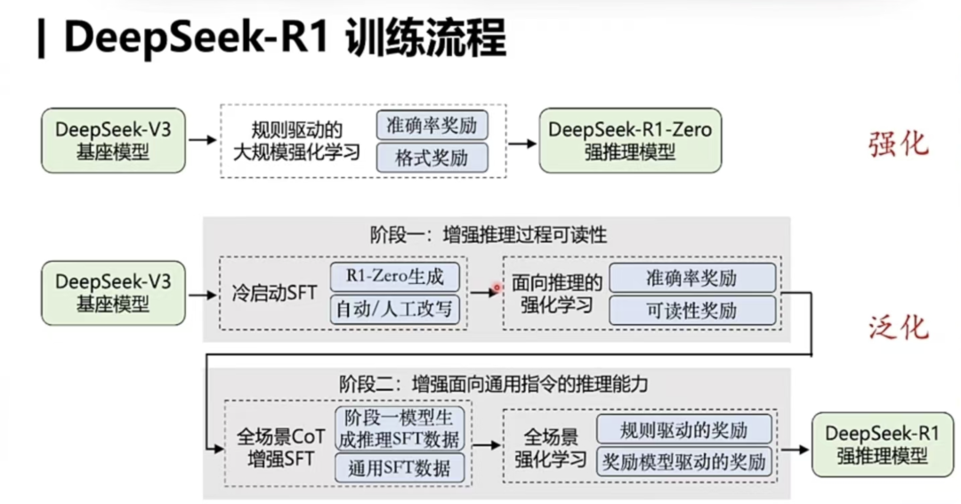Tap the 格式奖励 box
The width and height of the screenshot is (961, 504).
pyautogui.click(x=432, y=158)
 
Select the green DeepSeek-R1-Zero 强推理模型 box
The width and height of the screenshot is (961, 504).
pyautogui.click(x=630, y=140)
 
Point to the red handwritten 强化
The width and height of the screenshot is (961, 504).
pyautogui.click(x=898, y=143)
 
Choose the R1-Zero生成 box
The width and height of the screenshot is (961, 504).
pyautogui.click(x=397, y=276)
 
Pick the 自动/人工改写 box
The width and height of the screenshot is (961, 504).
pyautogui.click(x=397, y=311)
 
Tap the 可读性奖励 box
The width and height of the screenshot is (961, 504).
pyautogui.click(x=691, y=311)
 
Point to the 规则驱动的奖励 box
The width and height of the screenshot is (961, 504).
pyautogui.click(x=684, y=430)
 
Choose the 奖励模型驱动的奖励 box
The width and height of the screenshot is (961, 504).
pyautogui.click(x=684, y=463)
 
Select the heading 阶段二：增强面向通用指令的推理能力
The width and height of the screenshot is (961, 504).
pyautogui.click(x=493, y=385)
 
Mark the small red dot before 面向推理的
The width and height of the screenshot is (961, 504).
pyautogui.click(x=497, y=288)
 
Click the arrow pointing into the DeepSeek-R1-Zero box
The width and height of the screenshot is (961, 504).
pyautogui.click(x=521, y=141)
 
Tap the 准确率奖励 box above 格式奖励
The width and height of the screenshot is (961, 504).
pyautogui.click(x=432, y=125)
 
